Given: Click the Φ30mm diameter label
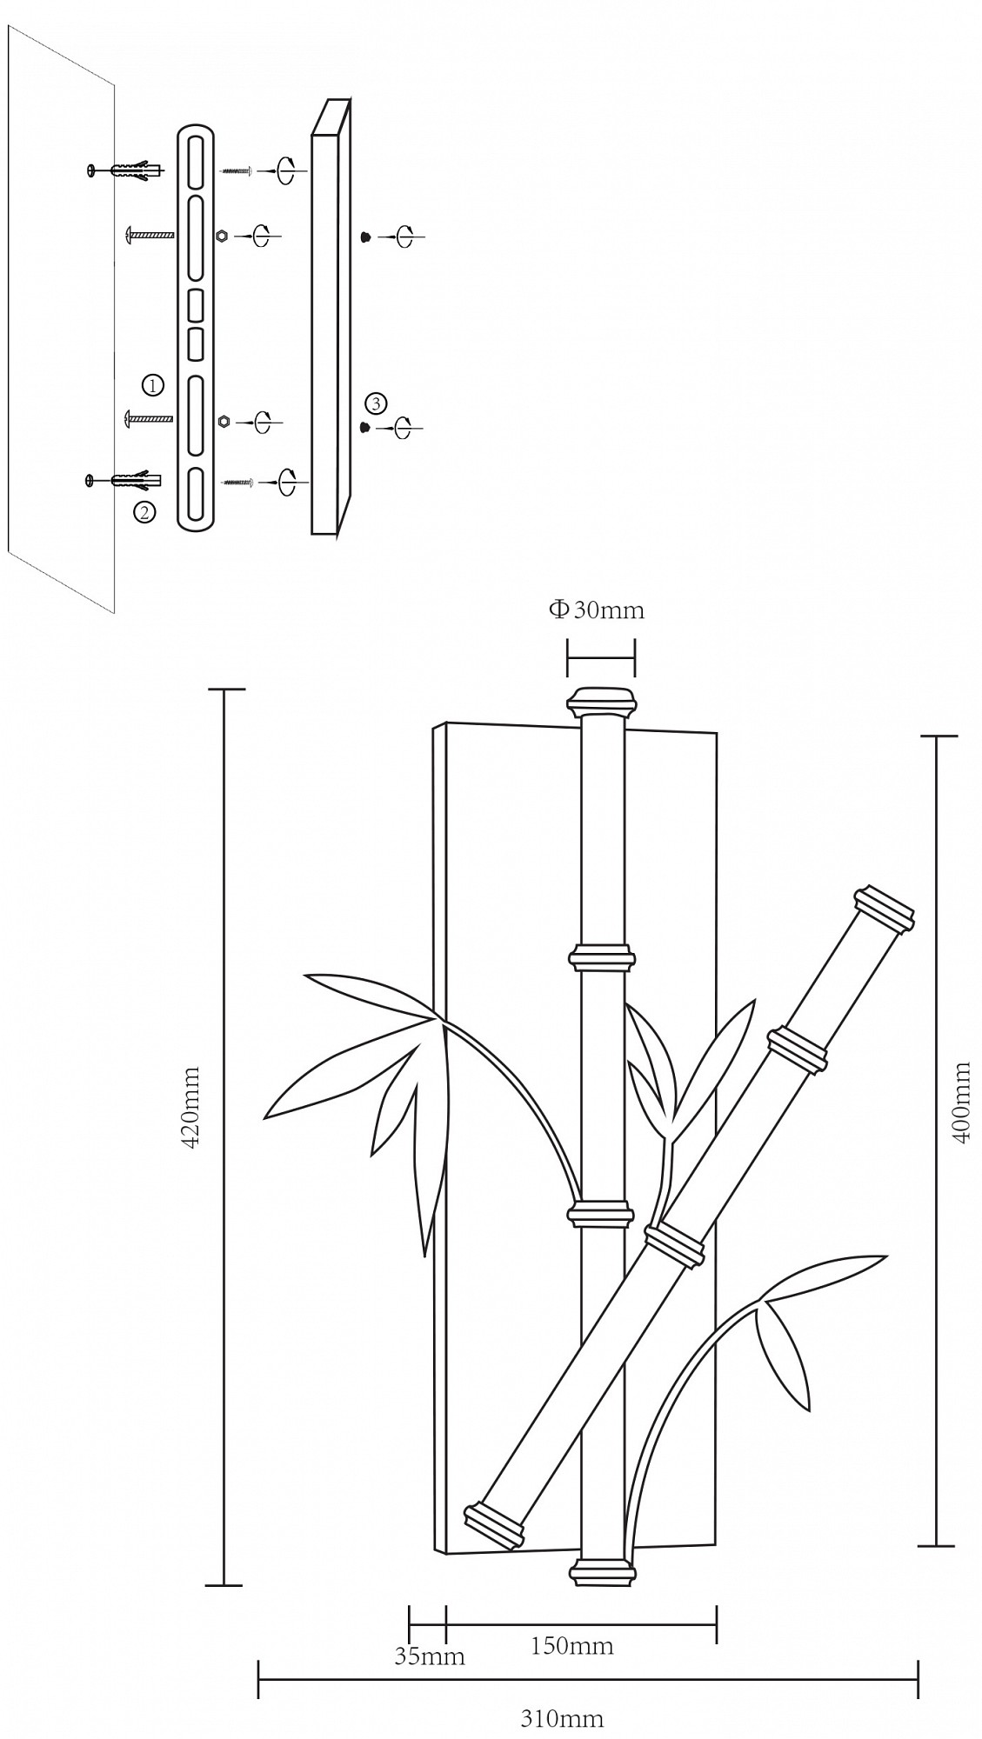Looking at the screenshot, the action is coord(597,610).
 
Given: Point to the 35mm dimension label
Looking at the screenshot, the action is coord(430,1657).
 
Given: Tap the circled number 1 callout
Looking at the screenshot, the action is coord(152,384).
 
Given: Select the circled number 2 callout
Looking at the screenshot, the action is coord(145,512).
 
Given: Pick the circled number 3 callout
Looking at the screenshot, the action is coord(376,403).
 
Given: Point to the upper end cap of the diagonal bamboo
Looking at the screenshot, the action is coord(884,911).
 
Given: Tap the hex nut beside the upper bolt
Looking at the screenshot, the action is coord(222,236).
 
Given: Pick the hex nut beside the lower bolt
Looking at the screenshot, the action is coord(224,421).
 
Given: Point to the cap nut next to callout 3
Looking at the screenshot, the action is coord(365,427).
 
